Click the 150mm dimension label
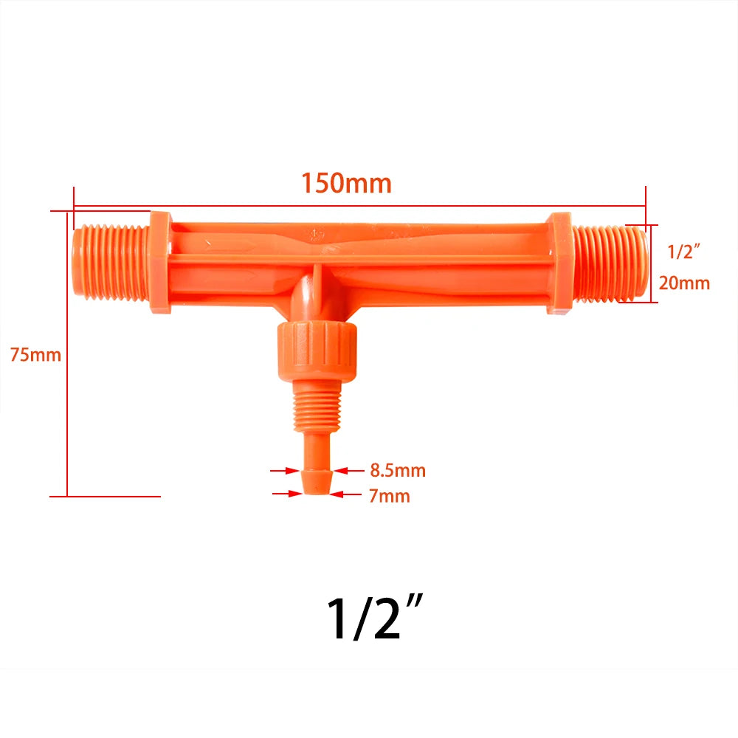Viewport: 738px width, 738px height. pyautogui.click(x=345, y=183)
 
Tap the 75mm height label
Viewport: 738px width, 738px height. pyautogui.click(x=35, y=354)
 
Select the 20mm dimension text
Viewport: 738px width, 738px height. pyautogui.click(x=684, y=283)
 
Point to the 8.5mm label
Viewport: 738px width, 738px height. pyautogui.click(x=396, y=470)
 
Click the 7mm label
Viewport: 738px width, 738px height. pyautogui.click(x=389, y=496)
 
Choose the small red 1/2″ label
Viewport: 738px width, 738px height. pyautogui.click(x=683, y=252)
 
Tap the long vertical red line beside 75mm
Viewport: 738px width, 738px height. pyautogui.click(x=67, y=354)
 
